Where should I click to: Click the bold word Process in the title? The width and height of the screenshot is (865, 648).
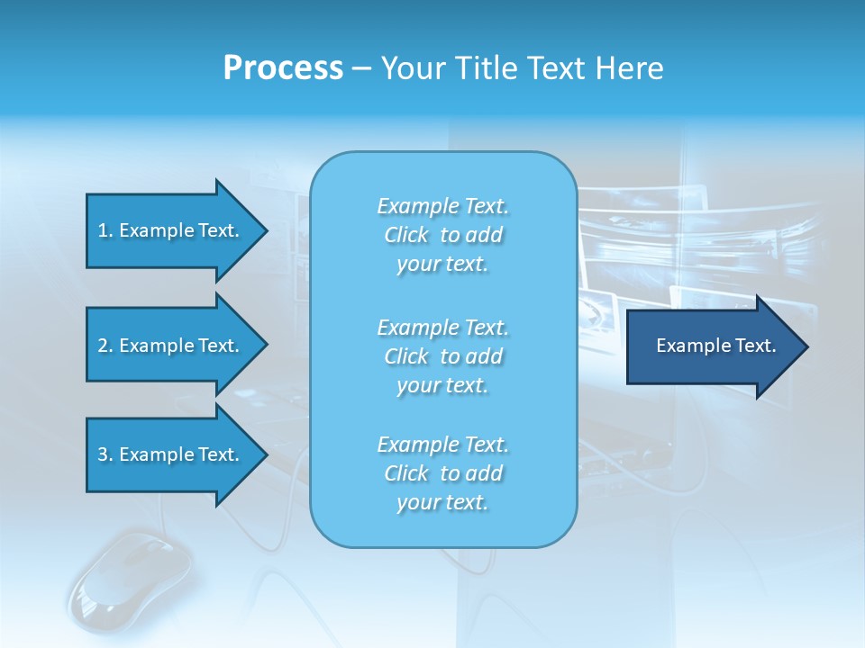(x=283, y=68)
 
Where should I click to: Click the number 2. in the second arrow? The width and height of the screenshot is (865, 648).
(x=105, y=346)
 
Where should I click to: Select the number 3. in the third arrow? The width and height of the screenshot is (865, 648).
(x=105, y=454)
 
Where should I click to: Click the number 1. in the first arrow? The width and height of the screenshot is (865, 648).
(x=105, y=230)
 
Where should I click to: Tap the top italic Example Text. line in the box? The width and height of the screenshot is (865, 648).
(x=443, y=206)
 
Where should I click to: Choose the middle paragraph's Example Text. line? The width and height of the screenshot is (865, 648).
(x=443, y=327)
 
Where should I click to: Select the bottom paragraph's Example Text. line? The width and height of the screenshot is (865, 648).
(x=443, y=445)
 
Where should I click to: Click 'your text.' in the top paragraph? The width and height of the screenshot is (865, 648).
(x=442, y=265)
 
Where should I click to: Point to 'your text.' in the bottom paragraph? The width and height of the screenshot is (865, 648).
(x=442, y=503)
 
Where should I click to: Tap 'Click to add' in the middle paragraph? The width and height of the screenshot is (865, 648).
(x=443, y=356)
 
